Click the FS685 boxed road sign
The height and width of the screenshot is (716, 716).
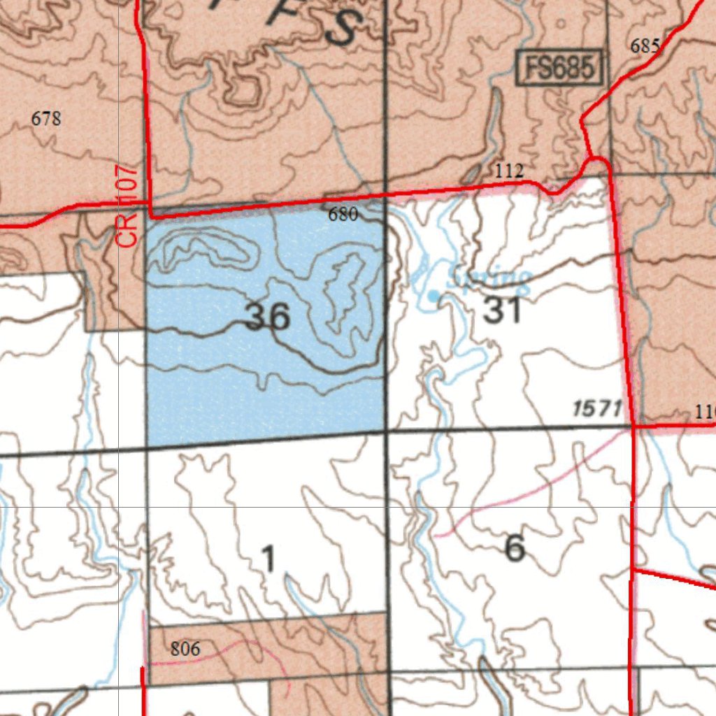pyautogui.click(x=560, y=69)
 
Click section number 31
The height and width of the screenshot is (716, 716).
pyautogui.click(x=502, y=310)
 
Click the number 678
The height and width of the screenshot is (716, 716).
pyautogui.click(x=46, y=119)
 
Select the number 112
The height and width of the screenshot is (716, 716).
pyautogui.click(x=509, y=171)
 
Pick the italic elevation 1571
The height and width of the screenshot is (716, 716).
pyautogui.click(x=597, y=409)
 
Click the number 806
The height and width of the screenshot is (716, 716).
pyautogui.click(x=185, y=649)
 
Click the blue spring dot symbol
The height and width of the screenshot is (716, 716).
pyautogui.click(x=434, y=296)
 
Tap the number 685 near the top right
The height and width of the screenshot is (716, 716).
pyautogui.click(x=645, y=46)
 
